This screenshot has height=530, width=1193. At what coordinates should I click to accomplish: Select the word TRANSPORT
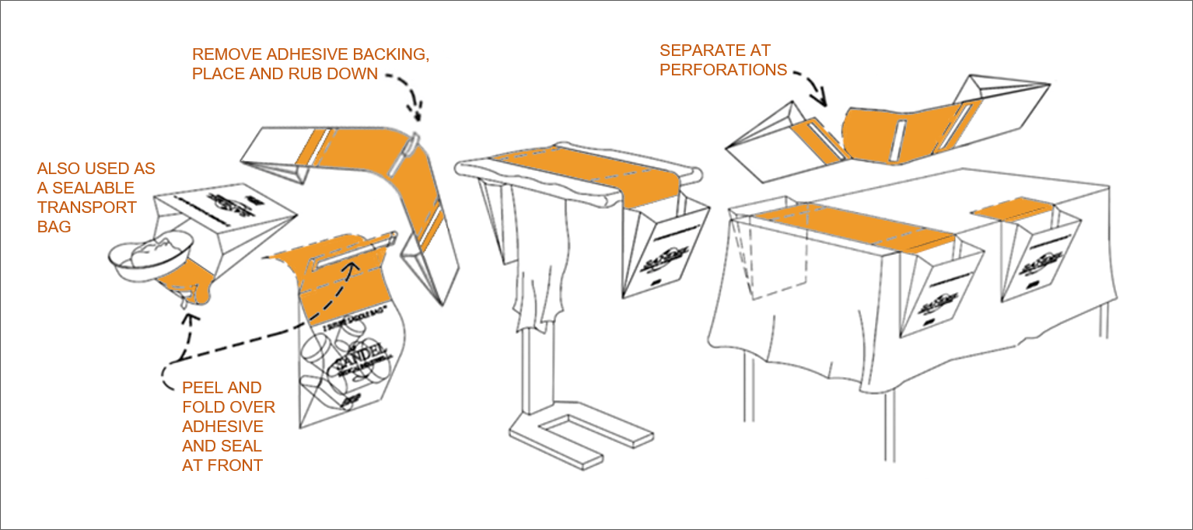tap(87, 207)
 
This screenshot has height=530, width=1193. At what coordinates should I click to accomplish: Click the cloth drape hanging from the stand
tap(540, 264)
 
